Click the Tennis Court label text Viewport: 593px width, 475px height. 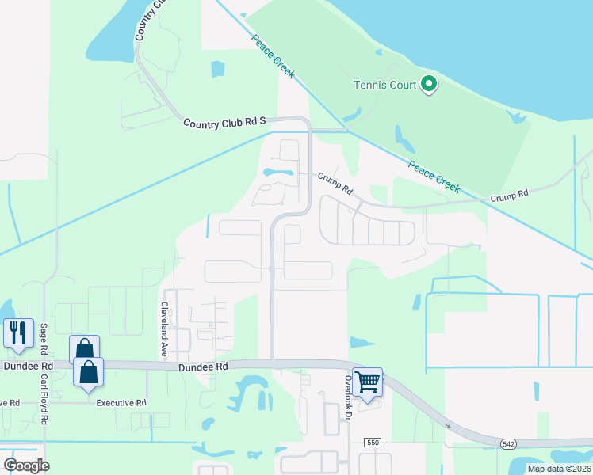pos(384,85)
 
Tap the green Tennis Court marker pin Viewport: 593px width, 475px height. pos(429,83)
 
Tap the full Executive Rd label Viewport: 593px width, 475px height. pos(121,403)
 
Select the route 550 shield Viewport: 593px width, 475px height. pos(373,441)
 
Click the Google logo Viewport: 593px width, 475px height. pos(26,465)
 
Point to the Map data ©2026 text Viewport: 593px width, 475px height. pos(559,469)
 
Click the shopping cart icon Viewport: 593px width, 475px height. pos(368,381)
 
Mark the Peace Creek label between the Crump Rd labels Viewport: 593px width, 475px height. pos(434,176)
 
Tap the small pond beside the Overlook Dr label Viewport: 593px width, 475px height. pos(362,342)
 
